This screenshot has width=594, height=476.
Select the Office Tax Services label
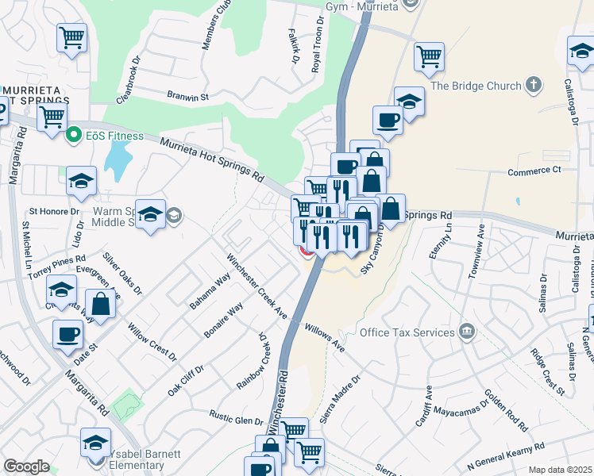[x=408, y=332]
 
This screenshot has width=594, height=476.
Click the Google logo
[x=26, y=466]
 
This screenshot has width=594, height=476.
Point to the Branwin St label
[x=187, y=97]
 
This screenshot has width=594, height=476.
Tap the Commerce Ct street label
[x=534, y=170]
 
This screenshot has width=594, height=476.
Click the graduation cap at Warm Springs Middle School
[x=148, y=213]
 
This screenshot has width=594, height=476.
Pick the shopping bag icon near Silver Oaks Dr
[x=101, y=303]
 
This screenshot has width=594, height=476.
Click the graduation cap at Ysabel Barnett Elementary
[x=95, y=440]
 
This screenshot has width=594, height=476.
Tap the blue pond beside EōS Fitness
[x=117, y=163]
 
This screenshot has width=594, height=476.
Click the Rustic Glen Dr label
[x=236, y=416]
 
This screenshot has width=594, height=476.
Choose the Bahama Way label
[x=209, y=291]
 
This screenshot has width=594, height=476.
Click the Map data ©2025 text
[x=560, y=470]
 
